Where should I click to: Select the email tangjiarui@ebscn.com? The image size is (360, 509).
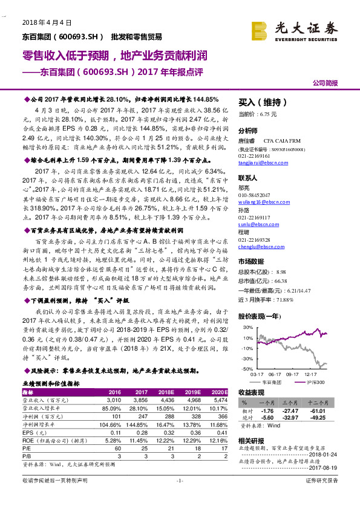(260, 161)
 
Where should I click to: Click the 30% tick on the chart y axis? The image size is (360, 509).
(247, 327)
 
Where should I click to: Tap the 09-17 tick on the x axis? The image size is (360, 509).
(292, 375)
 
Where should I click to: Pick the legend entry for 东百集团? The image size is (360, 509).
(270, 383)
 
